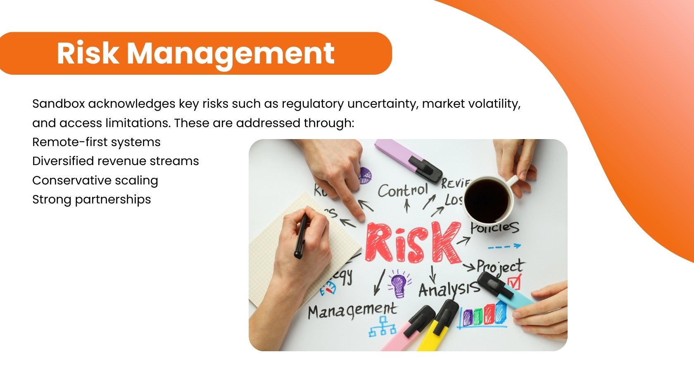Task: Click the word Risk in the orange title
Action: point(87,53)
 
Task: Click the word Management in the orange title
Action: point(231,54)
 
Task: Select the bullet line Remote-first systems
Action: point(96,142)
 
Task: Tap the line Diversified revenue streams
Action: point(116,161)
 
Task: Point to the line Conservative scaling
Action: point(95,181)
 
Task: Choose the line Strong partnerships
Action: point(92,200)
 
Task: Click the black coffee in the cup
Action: point(487,200)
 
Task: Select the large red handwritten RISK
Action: point(413,243)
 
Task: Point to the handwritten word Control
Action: point(403,191)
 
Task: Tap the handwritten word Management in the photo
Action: point(352,310)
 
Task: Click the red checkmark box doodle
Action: point(514,282)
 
